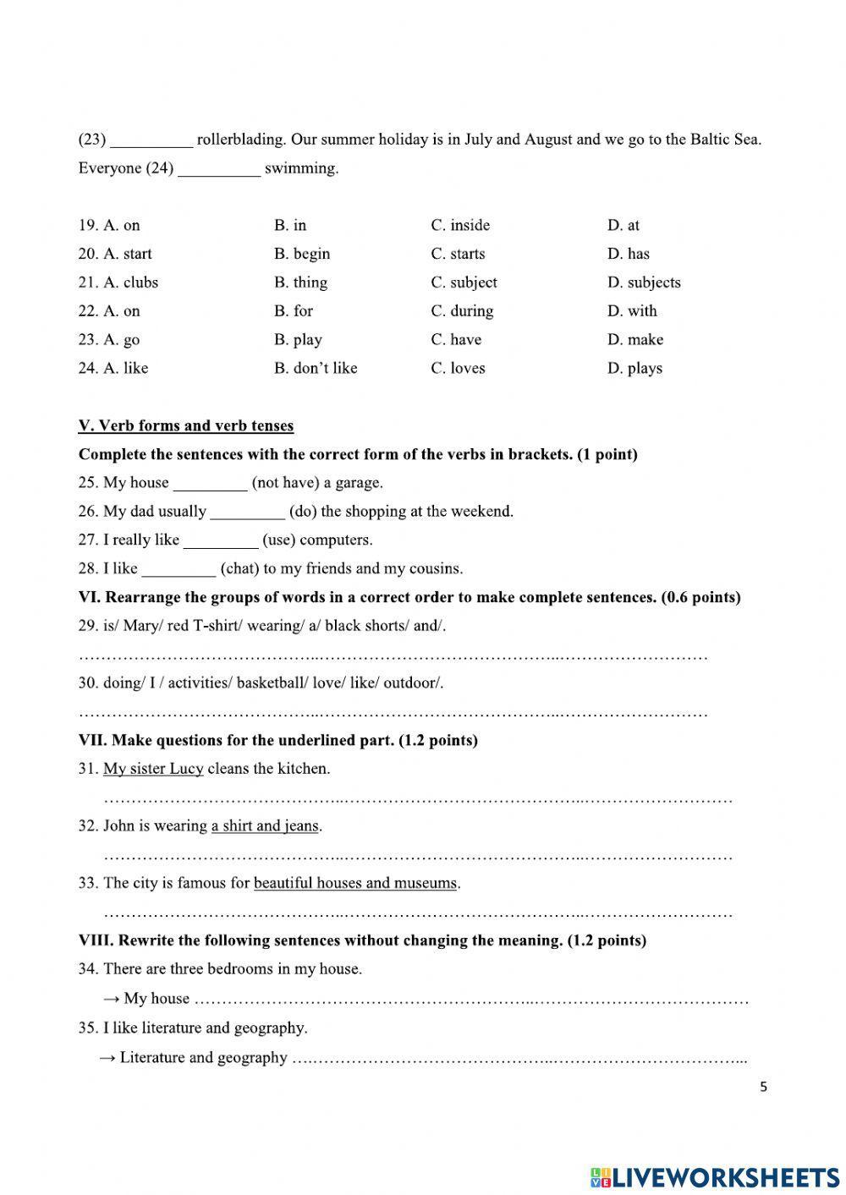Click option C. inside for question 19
460,225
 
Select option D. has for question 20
628,254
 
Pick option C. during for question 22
462,311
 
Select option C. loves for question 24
458,368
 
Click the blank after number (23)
151,140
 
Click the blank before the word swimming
219,169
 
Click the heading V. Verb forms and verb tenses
186,425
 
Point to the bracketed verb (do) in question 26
303,511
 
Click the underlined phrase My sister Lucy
153,769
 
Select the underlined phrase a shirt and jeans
265,825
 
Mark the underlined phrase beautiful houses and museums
355,883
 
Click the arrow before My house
112,999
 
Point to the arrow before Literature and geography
107,1058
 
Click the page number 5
763,1087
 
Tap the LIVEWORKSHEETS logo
715,1176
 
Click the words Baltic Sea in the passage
724,140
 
